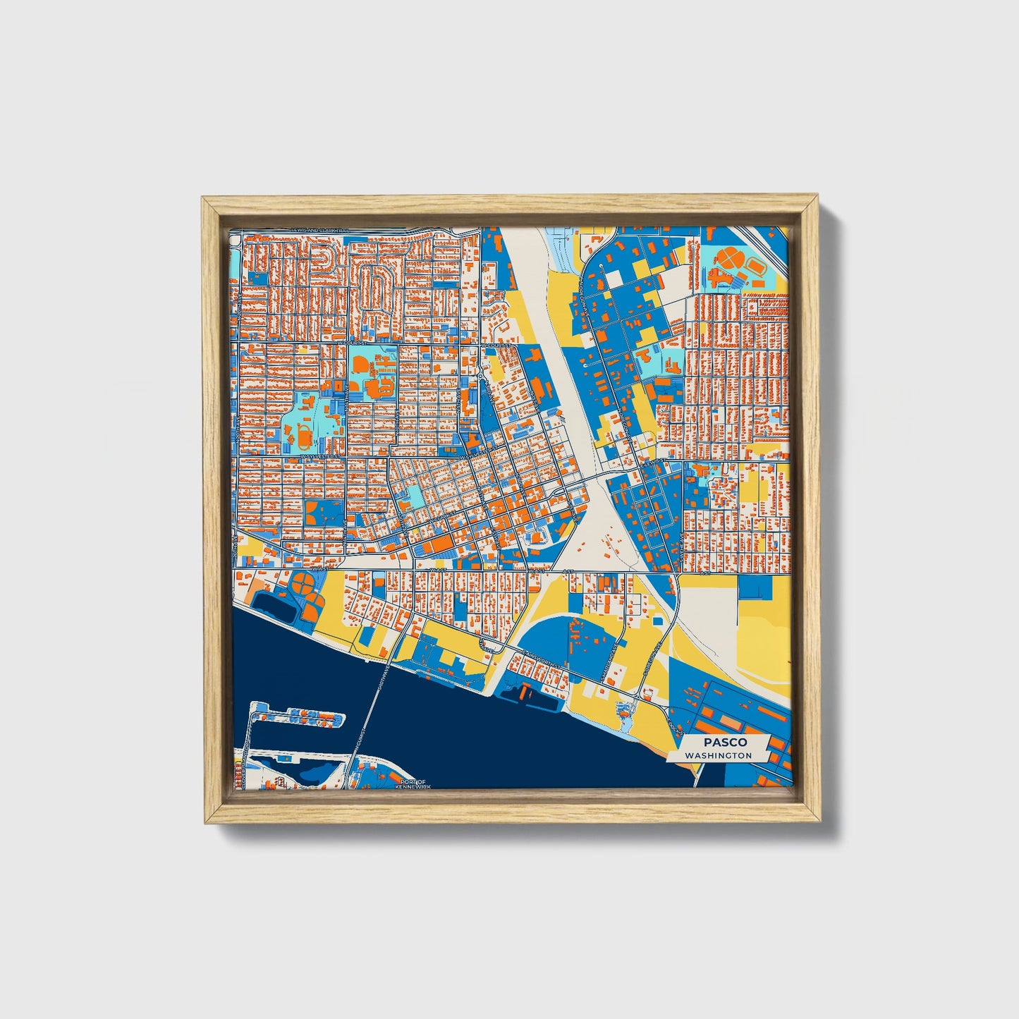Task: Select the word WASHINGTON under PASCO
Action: pyautogui.click(x=718, y=755)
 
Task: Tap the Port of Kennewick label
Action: pyautogui.click(x=411, y=783)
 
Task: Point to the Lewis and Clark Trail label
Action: pyautogui.click(x=322, y=231)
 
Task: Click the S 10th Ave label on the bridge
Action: pyautogui.click(x=381, y=677)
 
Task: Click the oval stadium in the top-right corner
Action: pyautogui.click(x=757, y=267)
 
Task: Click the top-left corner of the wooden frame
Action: pyautogui.click(x=203, y=198)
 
